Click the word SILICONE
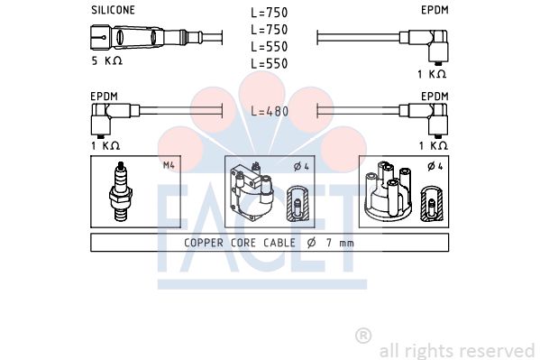tap(113, 10)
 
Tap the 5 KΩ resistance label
tap(106, 60)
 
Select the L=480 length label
tap(270, 111)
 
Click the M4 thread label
tap(169, 165)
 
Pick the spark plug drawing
tap(121, 191)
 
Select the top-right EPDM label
tap(435, 10)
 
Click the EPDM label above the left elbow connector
tap(104, 97)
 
